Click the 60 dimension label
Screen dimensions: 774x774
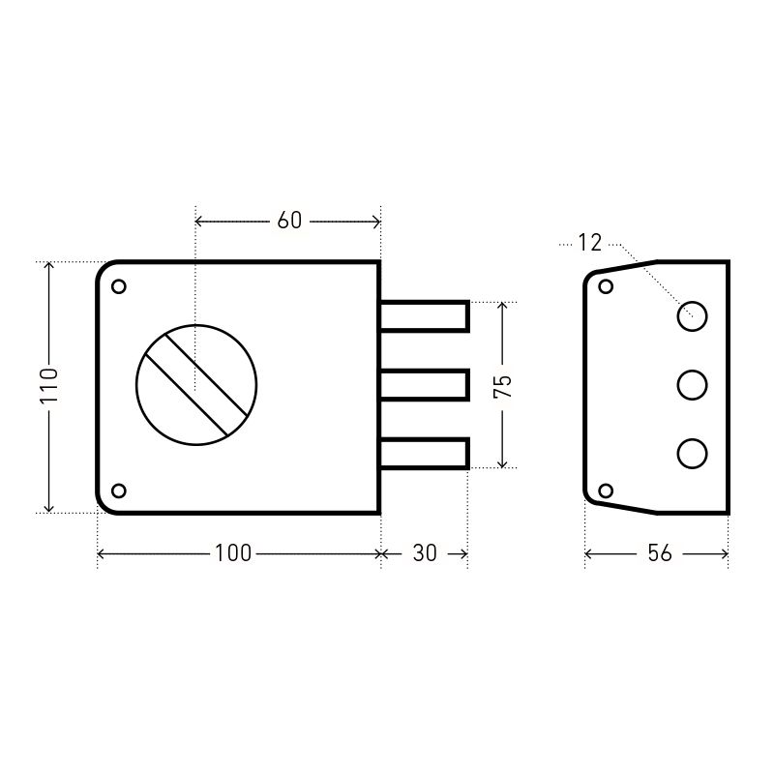(x=289, y=221)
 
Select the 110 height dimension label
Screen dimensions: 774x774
(x=49, y=385)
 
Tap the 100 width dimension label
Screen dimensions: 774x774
(x=233, y=553)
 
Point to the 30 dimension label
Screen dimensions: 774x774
(x=425, y=553)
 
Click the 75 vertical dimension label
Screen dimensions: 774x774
(x=502, y=386)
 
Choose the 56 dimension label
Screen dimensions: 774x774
(x=660, y=553)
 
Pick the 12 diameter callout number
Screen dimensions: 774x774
(x=590, y=243)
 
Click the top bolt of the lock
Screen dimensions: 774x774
(x=424, y=316)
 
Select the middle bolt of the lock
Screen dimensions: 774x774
(x=424, y=385)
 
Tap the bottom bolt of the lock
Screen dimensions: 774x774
(x=424, y=453)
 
